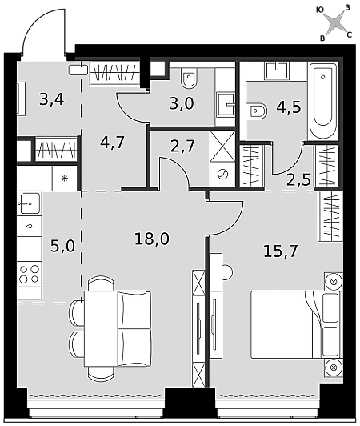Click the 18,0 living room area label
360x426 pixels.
[x=152, y=239]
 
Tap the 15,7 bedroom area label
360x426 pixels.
[x=281, y=251]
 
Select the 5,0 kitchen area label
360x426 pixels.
[x=62, y=247]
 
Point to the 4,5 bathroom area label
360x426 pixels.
[x=289, y=107]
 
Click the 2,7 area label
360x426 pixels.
[x=182, y=146]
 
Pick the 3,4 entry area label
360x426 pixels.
[x=51, y=99]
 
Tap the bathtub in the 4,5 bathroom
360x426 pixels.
[x=323, y=101]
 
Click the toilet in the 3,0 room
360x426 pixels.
[x=190, y=78]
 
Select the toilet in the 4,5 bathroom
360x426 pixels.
[x=257, y=111]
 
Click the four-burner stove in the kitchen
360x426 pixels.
[x=30, y=275]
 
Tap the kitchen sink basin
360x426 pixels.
[x=29, y=203]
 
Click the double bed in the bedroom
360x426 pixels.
[x=295, y=324]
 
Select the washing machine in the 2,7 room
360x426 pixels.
[x=222, y=174]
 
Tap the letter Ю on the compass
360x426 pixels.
[x=320, y=10]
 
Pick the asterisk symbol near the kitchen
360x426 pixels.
[x=65, y=179]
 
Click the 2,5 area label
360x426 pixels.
[x=298, y=179]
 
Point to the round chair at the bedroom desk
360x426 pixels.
[x=227, y=271]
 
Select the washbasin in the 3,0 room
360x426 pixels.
[x=226, y=104]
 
